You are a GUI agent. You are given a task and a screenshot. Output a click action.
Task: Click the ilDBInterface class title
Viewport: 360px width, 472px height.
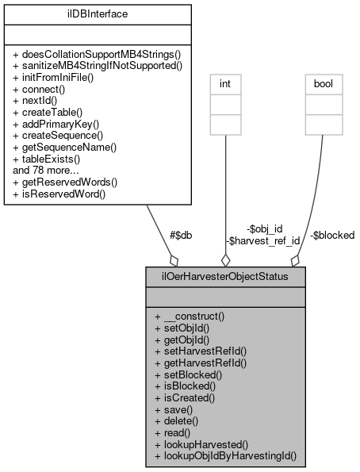[94, 14]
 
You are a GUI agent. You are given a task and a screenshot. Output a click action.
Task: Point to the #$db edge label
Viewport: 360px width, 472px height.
[181, 235]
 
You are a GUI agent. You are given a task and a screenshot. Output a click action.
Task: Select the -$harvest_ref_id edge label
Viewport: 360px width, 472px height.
[262, 240]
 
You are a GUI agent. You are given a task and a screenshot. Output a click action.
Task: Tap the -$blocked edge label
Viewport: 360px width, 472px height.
[332, 235]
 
